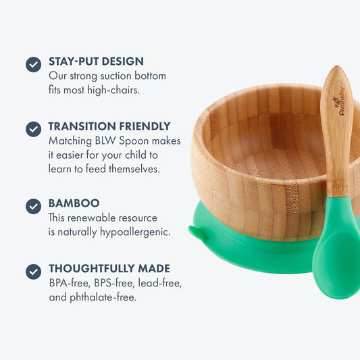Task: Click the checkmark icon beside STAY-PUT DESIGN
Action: [x=33, y=64]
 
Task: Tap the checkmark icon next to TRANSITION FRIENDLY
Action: [x=33, y=129]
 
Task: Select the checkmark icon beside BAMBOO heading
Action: [x=33, y=206]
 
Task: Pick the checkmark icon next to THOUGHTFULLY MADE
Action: [x=33, y=271]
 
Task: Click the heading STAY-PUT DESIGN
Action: [x=96, y=61]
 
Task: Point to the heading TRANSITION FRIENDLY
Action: [x=109, y=126]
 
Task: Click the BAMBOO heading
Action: [x=74, y=203]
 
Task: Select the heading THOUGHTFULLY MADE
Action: [x=109, y=268]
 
